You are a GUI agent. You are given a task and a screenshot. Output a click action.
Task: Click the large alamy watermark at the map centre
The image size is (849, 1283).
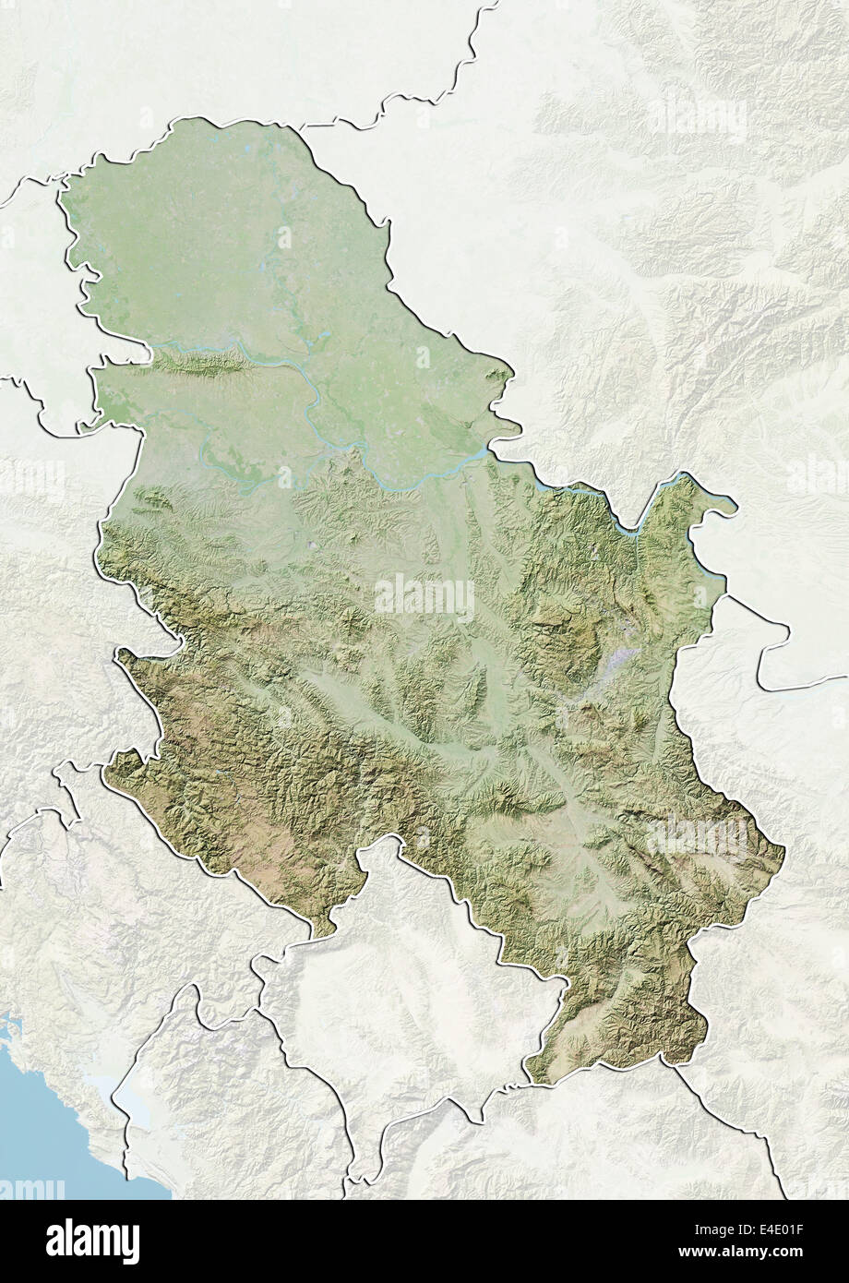(424, 598)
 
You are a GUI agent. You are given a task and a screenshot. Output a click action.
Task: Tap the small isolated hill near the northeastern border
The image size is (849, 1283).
(497, 376)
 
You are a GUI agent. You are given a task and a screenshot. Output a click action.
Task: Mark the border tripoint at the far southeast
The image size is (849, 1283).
(675, 1061)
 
